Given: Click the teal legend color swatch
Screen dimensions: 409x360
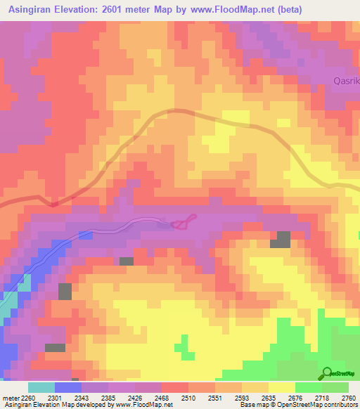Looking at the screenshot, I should pyautogui.click(x=41, y=387).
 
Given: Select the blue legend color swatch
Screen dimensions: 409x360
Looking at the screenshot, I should pyautogui.click(x=68, y=387).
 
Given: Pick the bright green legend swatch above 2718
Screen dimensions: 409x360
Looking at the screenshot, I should pyautogui.click(x=309, y=387).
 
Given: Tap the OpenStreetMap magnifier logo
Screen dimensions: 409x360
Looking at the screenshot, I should pyautogui.click(x=327, y=373).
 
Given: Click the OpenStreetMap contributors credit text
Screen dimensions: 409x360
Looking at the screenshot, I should pyautogui.click(x=323, y=405).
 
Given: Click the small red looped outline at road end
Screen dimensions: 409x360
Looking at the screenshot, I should pyautogui.click(x=182, y=223).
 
